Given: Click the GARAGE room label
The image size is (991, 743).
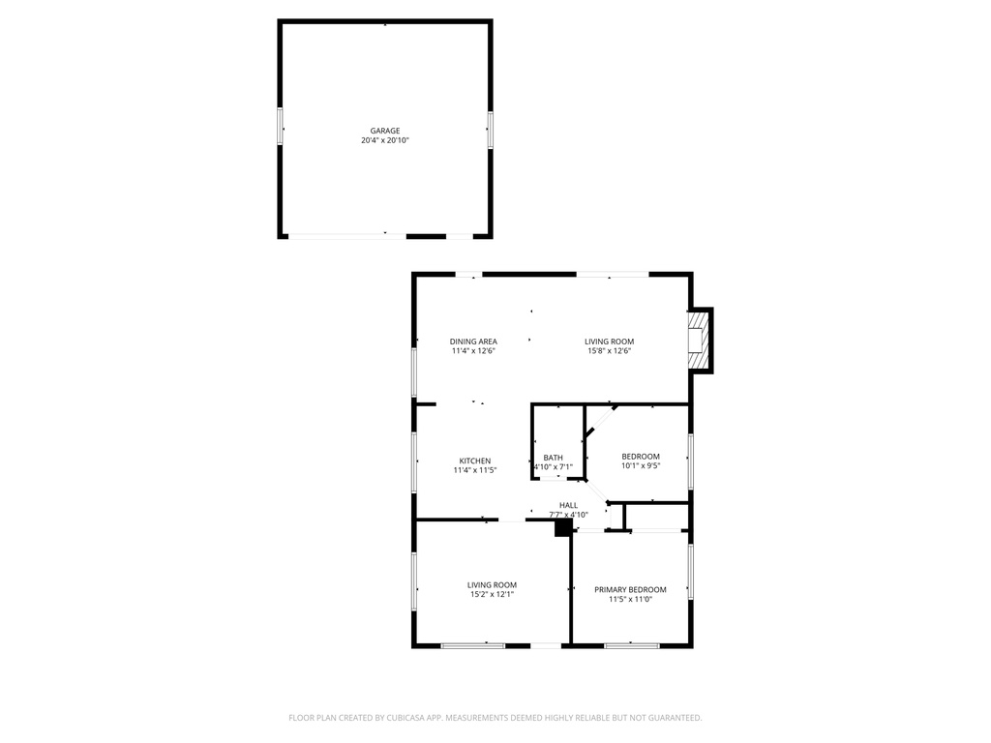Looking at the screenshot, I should point(385,131).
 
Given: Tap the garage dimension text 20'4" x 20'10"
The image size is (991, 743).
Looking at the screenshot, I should point(385,141).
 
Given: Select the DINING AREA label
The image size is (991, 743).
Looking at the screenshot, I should point(473,341).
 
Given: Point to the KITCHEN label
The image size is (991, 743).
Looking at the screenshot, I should point(474,461).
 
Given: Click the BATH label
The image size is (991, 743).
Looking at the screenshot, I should point(553,458).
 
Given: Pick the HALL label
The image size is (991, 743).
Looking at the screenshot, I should point(568,505).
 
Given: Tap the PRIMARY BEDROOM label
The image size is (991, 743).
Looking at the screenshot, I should point(630,589).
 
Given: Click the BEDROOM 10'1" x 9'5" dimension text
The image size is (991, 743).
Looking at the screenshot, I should point(640,466).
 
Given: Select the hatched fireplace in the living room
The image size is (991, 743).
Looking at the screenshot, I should point(698,340).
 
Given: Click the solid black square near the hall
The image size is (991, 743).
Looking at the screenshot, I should point(562,528).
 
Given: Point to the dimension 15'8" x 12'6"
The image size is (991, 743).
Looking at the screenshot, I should point(609,351).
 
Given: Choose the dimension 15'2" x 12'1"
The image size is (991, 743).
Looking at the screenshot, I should point(492,594).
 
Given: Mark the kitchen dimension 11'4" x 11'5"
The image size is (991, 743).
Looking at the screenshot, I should point(474,470).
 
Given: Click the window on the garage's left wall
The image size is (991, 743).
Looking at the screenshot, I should point(282,128).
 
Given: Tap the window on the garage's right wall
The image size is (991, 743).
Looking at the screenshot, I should point(490,129).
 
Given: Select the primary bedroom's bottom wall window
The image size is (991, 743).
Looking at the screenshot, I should point(631,644).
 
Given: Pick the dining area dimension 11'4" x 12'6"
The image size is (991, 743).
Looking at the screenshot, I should point(473,351).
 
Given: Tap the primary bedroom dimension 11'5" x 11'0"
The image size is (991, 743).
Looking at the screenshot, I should point(630,600).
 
